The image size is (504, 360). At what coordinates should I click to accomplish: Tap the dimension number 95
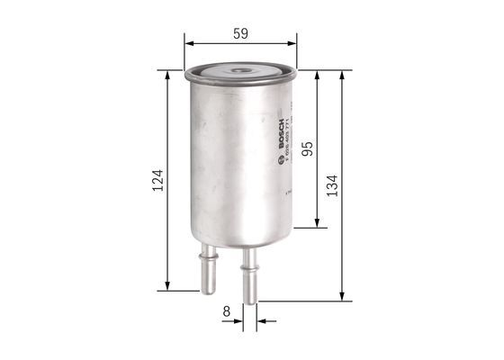click(x=307, y=149)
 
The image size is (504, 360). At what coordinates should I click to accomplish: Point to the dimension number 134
click(x=332, y=185)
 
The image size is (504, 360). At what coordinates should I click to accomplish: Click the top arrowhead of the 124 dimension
click(x=168, y=75)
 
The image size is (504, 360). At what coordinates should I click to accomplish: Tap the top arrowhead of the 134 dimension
click(x=342, y=75)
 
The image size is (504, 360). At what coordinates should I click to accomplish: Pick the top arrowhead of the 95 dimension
click(x=317, y=75)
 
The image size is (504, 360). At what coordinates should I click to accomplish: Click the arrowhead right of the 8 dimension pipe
click(x=260, y=319)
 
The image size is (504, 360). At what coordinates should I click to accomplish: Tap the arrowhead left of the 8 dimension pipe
click(x=238, y=319)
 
